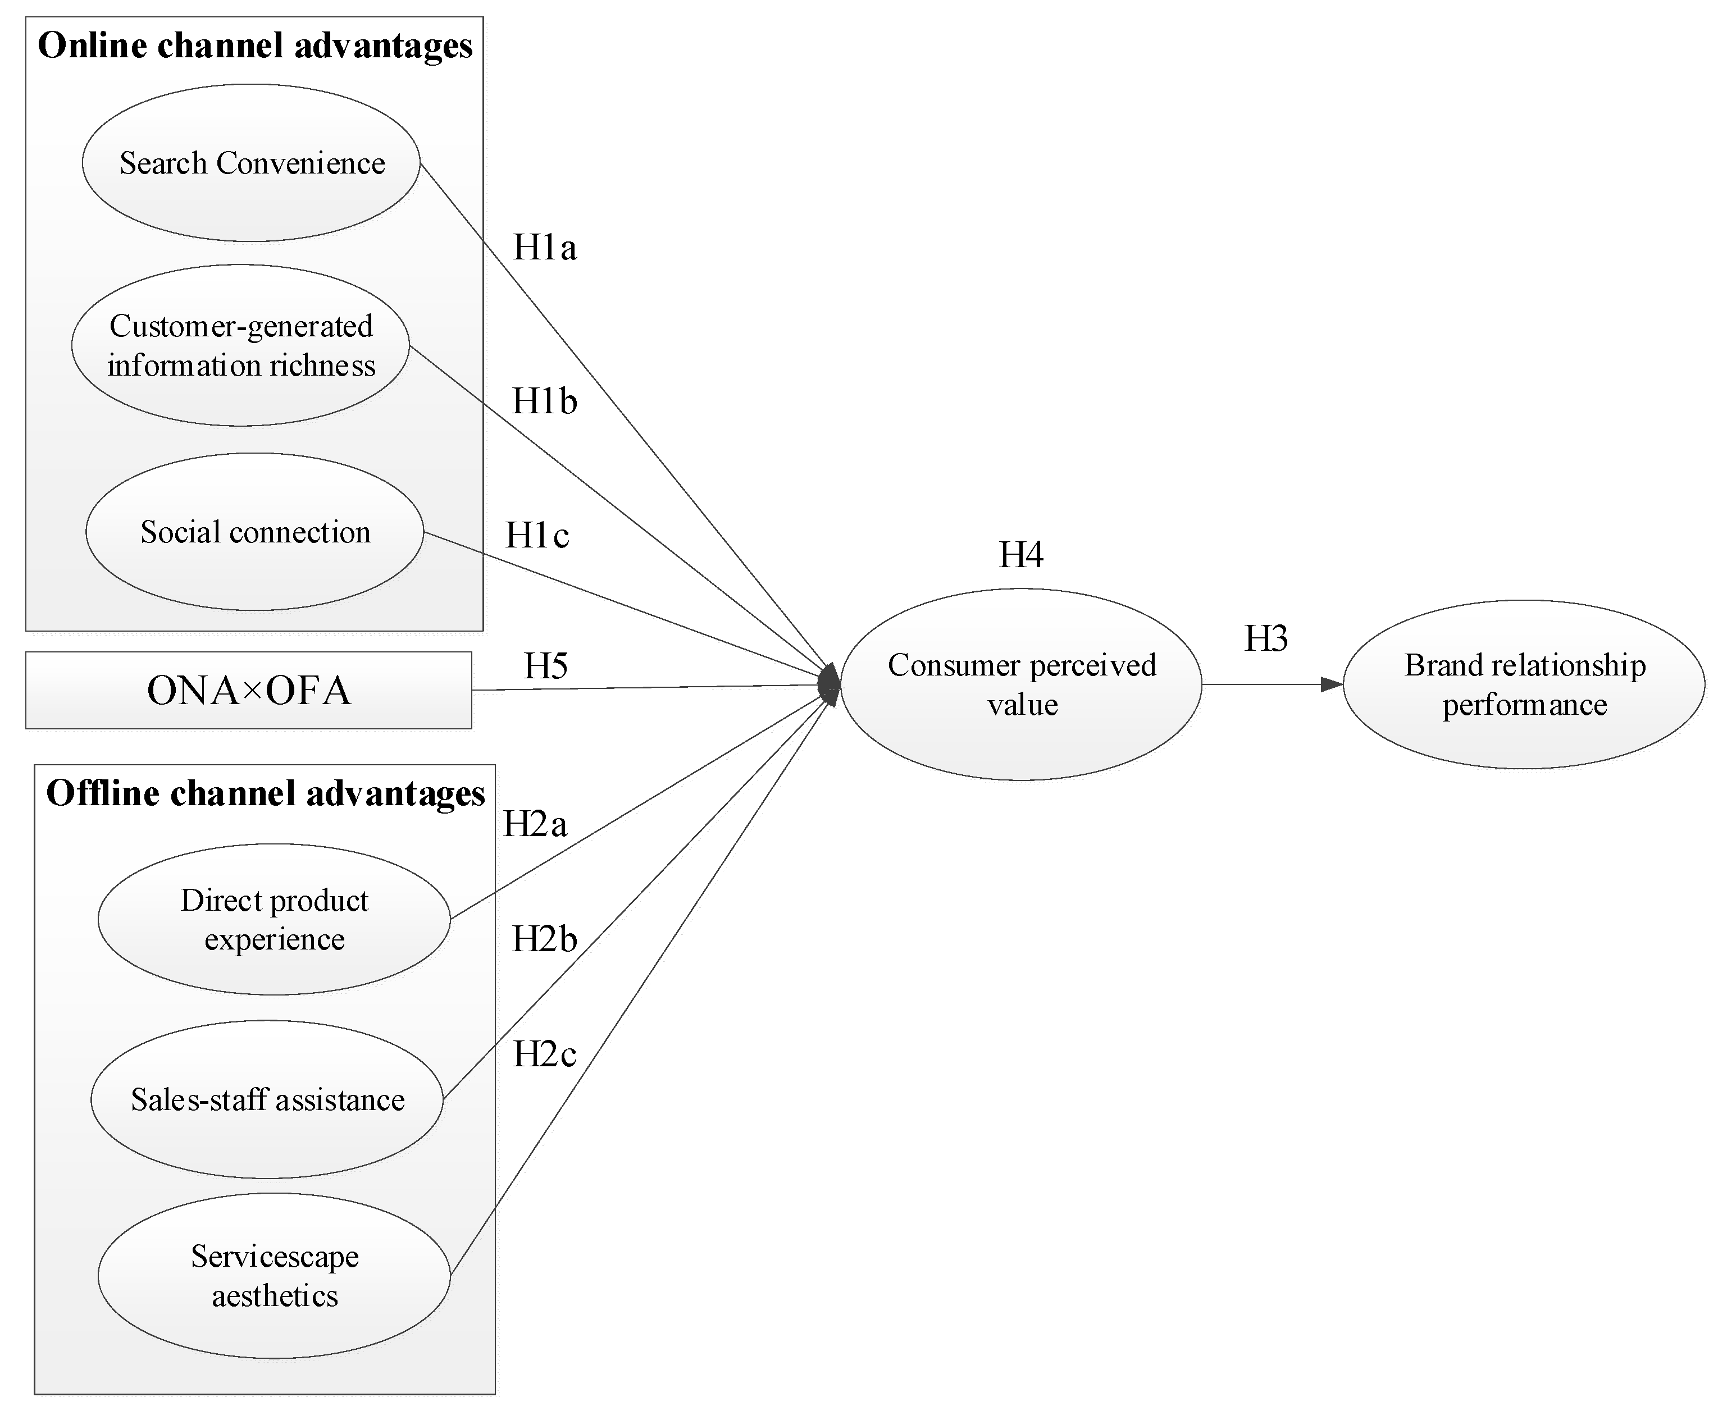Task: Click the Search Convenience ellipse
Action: click(x=251, y=163)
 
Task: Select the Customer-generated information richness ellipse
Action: click(x=240, y=345)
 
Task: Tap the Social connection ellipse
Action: click(x=254, y=532)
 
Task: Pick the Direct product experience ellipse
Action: click(x=274, y=919)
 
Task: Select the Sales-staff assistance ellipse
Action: click(x=267, y=1099)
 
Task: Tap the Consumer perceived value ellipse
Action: click(x=1021, y=684)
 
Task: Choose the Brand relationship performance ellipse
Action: click(x=1524, y=684)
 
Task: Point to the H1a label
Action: click(x=545, y=247)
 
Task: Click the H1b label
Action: click(x=545, y=401)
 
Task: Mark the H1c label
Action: click(x=537, y=536)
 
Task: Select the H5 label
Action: click(x=546, y=666)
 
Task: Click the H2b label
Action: click(x=545, y=939)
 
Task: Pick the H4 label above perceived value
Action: click(x=1021, y=555)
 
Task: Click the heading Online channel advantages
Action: click(x=255, y=45)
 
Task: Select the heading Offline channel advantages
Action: click(x=265, y=793)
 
